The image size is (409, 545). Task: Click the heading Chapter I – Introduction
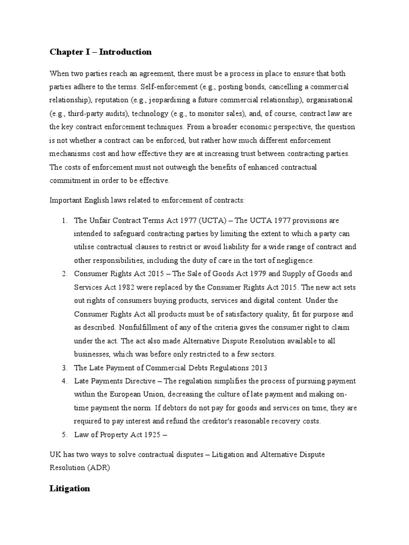point(101,52)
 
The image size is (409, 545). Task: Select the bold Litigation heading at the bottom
point(70,489)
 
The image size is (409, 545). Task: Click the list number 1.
point(63,220)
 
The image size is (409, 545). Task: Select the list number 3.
point(63,368)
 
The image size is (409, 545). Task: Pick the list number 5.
point(63,435)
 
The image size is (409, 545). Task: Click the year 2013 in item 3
point(255,368)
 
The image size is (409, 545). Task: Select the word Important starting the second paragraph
point(67,200)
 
